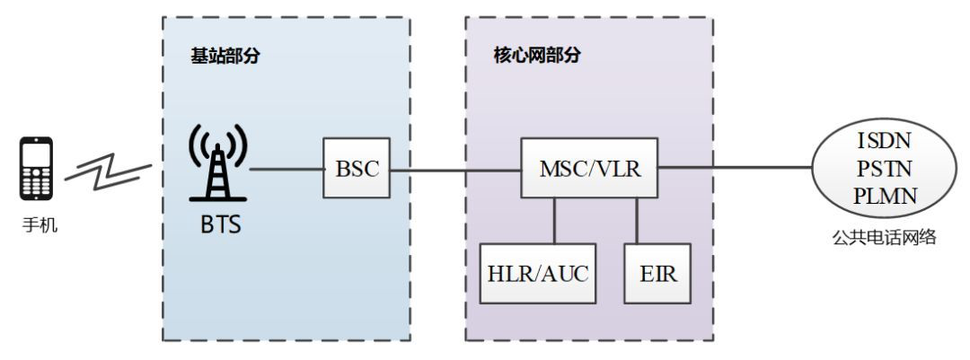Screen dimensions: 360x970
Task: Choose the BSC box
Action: tap(357, 168)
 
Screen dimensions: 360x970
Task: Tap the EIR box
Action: tap(656, 274)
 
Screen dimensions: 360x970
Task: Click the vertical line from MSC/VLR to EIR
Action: tap(638, 221)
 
